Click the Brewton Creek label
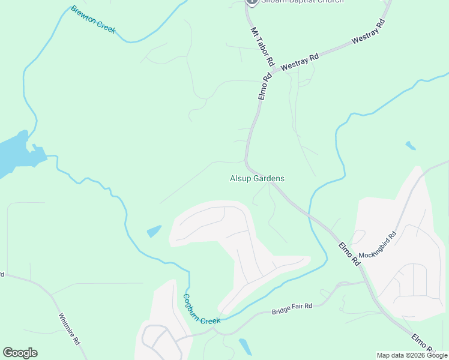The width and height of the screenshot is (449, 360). (x=93, y=20)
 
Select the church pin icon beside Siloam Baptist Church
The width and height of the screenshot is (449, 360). (x=252, y=2)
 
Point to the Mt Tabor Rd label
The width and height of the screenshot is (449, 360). (x=262, y=46)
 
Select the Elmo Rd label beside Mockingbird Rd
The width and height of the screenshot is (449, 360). (x=348, y=254)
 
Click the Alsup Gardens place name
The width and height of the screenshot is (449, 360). (x=257, y=178)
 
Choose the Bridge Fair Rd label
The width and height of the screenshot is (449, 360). (x=292, y=309)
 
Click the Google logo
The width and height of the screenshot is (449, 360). (x=20, y=353)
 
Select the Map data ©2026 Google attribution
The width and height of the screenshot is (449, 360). (x=412, y=355)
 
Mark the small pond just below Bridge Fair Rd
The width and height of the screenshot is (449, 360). (x=245, y=346)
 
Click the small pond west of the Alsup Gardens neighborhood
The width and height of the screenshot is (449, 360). (x=154, y=231)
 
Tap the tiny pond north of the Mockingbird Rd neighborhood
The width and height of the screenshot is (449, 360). (x=410, y=145)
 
